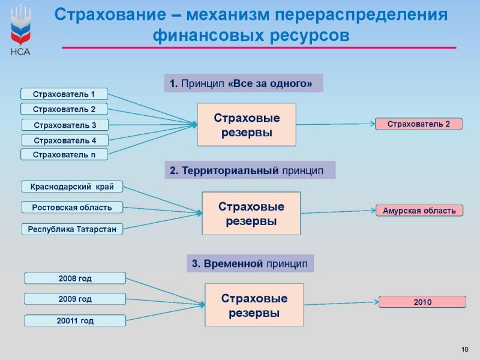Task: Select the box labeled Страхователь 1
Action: coord(64,94)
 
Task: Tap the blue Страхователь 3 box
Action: coord(65,125)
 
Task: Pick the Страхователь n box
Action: coord(64,155)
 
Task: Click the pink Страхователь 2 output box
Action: coord(419,124)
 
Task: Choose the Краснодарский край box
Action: coord(72,187)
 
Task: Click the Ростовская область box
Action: coord(72,208)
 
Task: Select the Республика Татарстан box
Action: coord(72,229)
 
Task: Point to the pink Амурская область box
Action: coord(419,211)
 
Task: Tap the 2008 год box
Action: coord(75,278)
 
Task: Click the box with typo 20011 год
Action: coord(75,320)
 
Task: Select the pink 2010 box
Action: coord(422,302)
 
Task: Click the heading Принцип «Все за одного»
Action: coord(244,83)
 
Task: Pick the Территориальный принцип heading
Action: coord(250,170)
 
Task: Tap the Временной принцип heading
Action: coord(250,263)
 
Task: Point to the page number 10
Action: coord(464,349)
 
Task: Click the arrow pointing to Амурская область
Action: coord(338,212)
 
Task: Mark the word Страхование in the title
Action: coord(110,14)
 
